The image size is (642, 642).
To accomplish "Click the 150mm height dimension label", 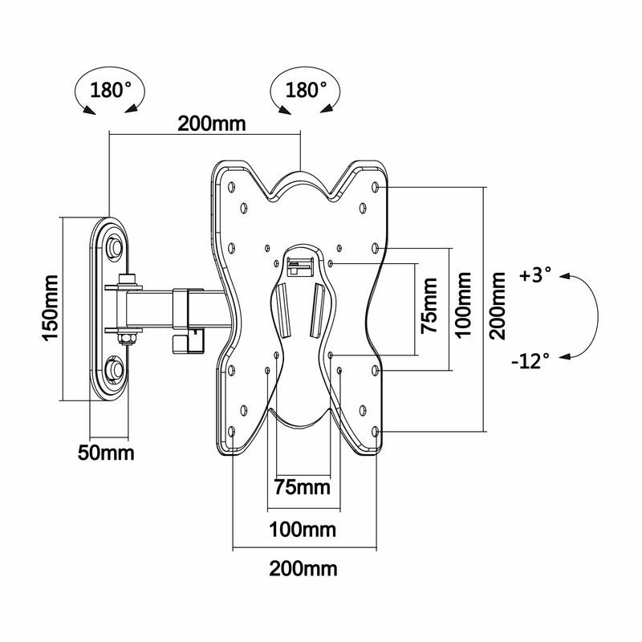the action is click(50, 308).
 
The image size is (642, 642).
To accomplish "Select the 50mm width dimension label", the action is click(106, 453).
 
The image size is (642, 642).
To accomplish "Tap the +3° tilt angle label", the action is click(535, 275).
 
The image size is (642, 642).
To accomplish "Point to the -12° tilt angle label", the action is click(530, 360).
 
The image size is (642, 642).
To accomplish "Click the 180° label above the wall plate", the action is click(111, 90).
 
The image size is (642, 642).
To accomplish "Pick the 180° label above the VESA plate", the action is click(306, 90).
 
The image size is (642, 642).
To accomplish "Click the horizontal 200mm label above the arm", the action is click(211, 124).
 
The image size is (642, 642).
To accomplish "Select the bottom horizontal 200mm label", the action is click(303, 569).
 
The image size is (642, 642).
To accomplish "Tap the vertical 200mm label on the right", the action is click(498, 306).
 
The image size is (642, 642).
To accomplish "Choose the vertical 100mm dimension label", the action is click(464, 305).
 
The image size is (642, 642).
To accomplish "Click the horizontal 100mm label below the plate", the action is click(303, 530).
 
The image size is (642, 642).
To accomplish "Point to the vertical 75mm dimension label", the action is click(429, 306).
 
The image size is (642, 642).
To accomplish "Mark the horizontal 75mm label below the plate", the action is click(303, 487).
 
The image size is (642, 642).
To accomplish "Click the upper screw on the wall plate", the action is click(113, 247).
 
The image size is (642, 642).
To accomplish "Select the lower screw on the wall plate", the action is click(113, 370).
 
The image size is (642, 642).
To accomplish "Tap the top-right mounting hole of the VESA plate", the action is click(375, 187).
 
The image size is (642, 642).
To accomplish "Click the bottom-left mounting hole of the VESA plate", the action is click(232, 432).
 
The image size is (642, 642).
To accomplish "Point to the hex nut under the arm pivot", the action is click(126, 338).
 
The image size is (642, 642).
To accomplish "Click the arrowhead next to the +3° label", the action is click(566, 276).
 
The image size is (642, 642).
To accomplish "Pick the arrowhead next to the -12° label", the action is click(565, 357).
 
